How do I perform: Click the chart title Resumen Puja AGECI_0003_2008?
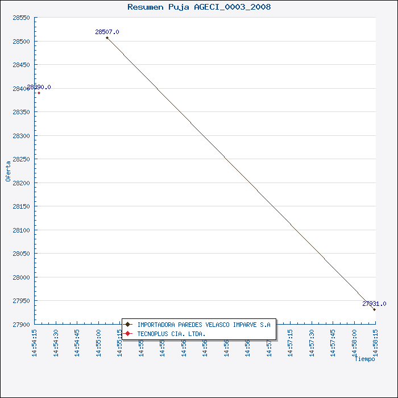(199, 7)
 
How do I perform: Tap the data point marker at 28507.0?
(107, 38)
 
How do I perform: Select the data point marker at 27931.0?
(374, 309)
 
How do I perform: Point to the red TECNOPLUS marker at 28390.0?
(39, 93)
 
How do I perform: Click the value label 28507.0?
(107, 32)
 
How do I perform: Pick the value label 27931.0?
(374, 304)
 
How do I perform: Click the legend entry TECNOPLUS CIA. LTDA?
(171, 333)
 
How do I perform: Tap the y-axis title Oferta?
(8, 171)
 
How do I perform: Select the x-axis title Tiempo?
(364, 359)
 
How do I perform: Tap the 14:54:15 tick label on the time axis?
(35, 342)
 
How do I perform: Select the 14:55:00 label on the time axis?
(98, 342)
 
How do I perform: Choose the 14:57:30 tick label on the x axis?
(312, 342)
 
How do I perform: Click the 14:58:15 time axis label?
(375, 342)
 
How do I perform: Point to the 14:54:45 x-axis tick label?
(77, 342)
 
